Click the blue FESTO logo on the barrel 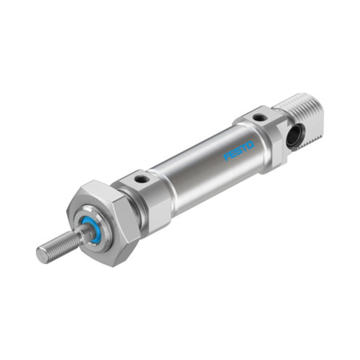tap(239, 151)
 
